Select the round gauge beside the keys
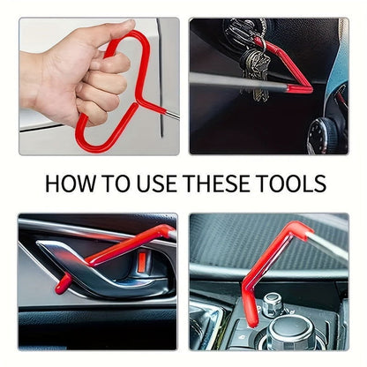[326, 133]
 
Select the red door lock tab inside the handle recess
[140, 262]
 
